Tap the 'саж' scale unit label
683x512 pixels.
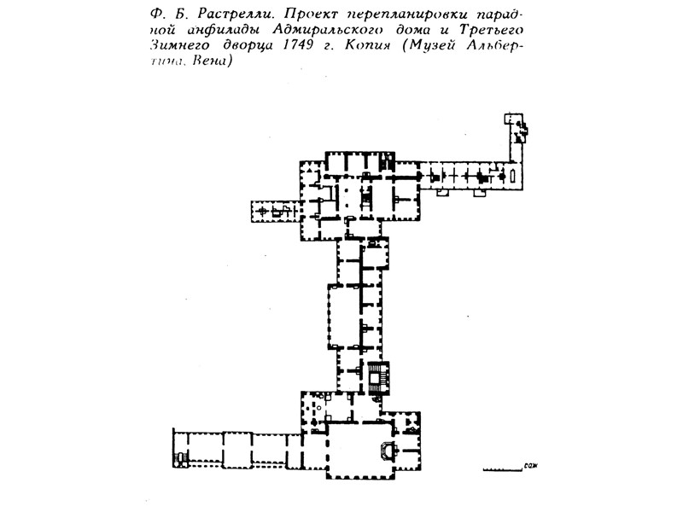tap(534, 467)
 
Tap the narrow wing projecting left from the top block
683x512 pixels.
tap(273, 210)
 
